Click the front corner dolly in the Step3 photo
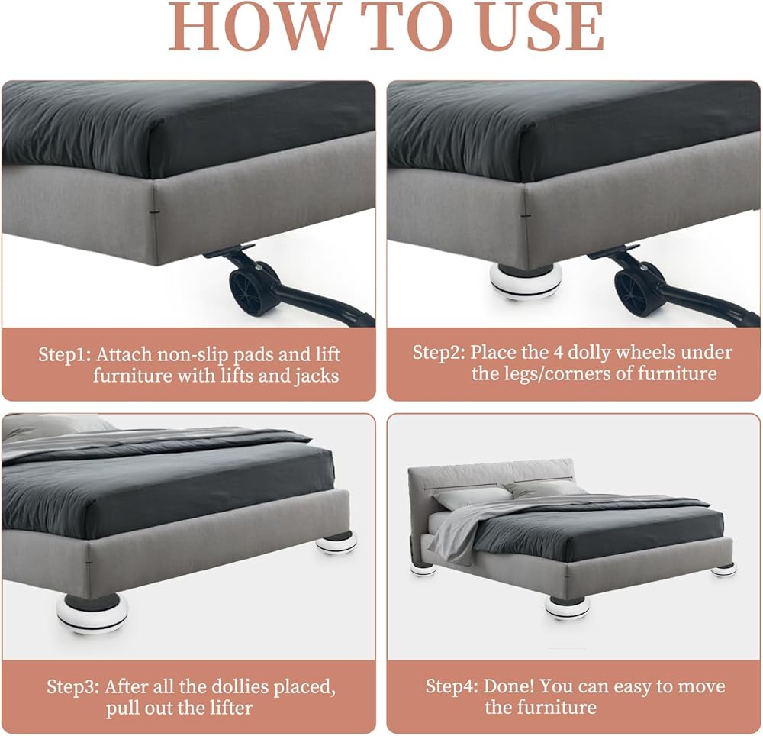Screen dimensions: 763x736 click(x=92, y=613)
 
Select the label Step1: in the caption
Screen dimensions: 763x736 click(x=65, y=354)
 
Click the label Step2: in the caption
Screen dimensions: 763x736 click(x=439, y=352)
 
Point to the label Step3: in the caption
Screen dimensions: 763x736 click(x=73, y=687)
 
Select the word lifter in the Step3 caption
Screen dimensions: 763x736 click(x=229, y=707)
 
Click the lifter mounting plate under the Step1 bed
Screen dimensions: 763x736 click(x=229, y=250)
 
